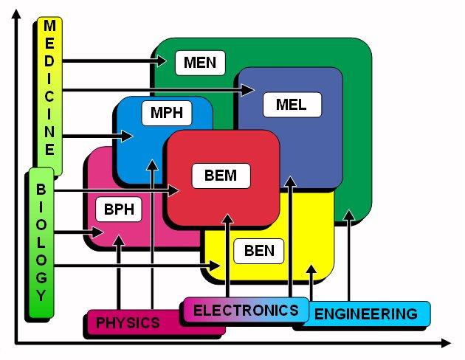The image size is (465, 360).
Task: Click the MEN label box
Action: click(200, 62)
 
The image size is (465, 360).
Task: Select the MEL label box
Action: click(291, 105)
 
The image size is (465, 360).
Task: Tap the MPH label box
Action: click(166, 114)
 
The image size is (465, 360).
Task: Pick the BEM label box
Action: click(220, 176)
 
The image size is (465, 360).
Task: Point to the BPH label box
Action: click(118, 209)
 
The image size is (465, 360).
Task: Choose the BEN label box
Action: click(258, 251)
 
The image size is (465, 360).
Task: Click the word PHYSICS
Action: click(128, 322)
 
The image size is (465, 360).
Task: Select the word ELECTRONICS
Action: click(246, 310)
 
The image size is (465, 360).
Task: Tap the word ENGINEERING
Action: click(365, 314)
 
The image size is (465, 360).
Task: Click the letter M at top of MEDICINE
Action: click(49, 26)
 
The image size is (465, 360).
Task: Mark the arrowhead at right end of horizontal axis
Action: click(444, 342)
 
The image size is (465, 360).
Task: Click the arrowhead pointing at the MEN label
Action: click(166, 61)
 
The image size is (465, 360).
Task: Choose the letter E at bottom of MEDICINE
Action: click(49, 148)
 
